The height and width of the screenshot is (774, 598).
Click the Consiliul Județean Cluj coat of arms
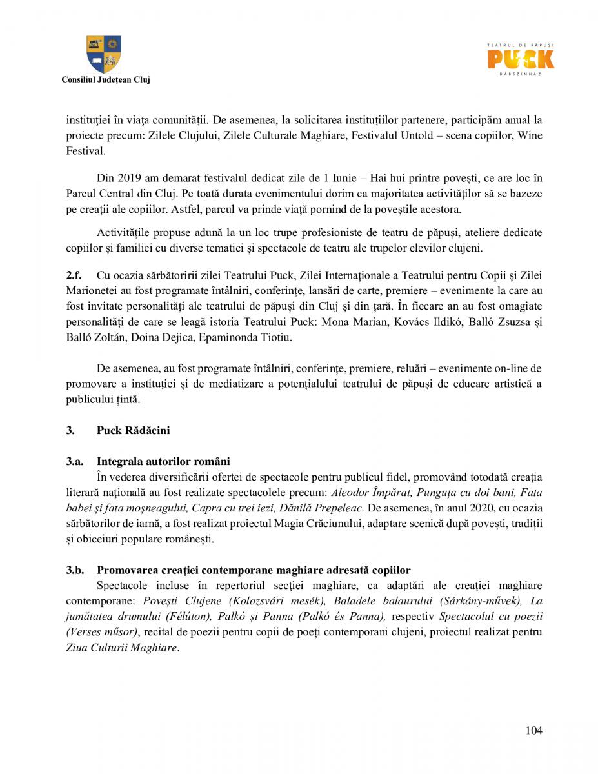(x=103, y=55)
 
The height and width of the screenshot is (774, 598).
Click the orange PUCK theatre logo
(x=521, y=59)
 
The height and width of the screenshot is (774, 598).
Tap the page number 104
(x=533, y=730)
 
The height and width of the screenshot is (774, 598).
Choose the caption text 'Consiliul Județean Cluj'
(x=105, y=79)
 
